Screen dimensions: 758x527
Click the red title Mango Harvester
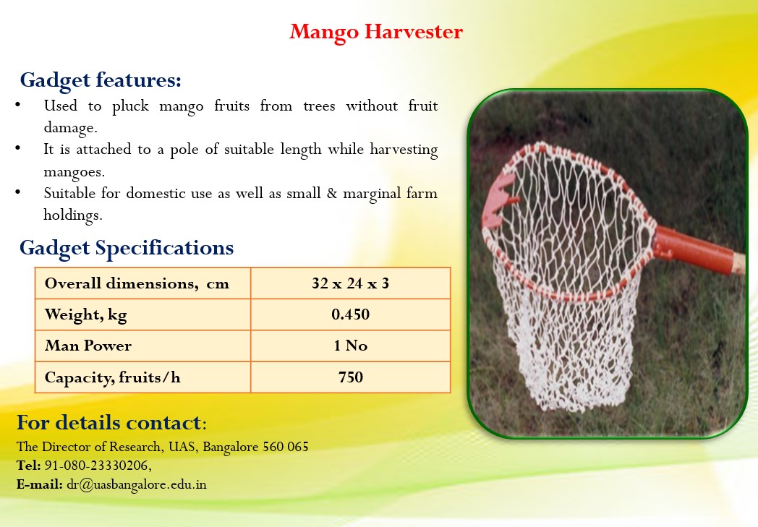click(376, 33)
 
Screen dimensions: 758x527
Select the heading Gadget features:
click(101, 80)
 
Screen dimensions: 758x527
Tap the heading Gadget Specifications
click(127, 248)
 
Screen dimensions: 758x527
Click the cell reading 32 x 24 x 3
click(351, 283)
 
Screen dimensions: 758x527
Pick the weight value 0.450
click(351, 314)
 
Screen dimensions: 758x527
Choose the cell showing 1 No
click(351, 346)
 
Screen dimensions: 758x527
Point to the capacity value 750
click(351, 377)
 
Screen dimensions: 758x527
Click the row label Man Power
click(88, 346)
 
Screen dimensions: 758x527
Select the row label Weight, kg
click(85, 315)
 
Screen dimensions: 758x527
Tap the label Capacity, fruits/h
click(113, 377)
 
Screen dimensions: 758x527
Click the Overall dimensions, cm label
click(137, 283)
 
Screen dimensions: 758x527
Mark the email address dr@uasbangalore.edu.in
click(136, 484)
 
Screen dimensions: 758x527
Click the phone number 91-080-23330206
click(97, 465)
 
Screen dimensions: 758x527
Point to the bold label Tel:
click(28, 465)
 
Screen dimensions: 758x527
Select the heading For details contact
click(108, 423)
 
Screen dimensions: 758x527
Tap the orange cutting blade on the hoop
click(498, 200)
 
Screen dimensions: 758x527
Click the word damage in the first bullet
click(69, 128)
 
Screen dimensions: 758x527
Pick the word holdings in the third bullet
click(72, 215)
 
